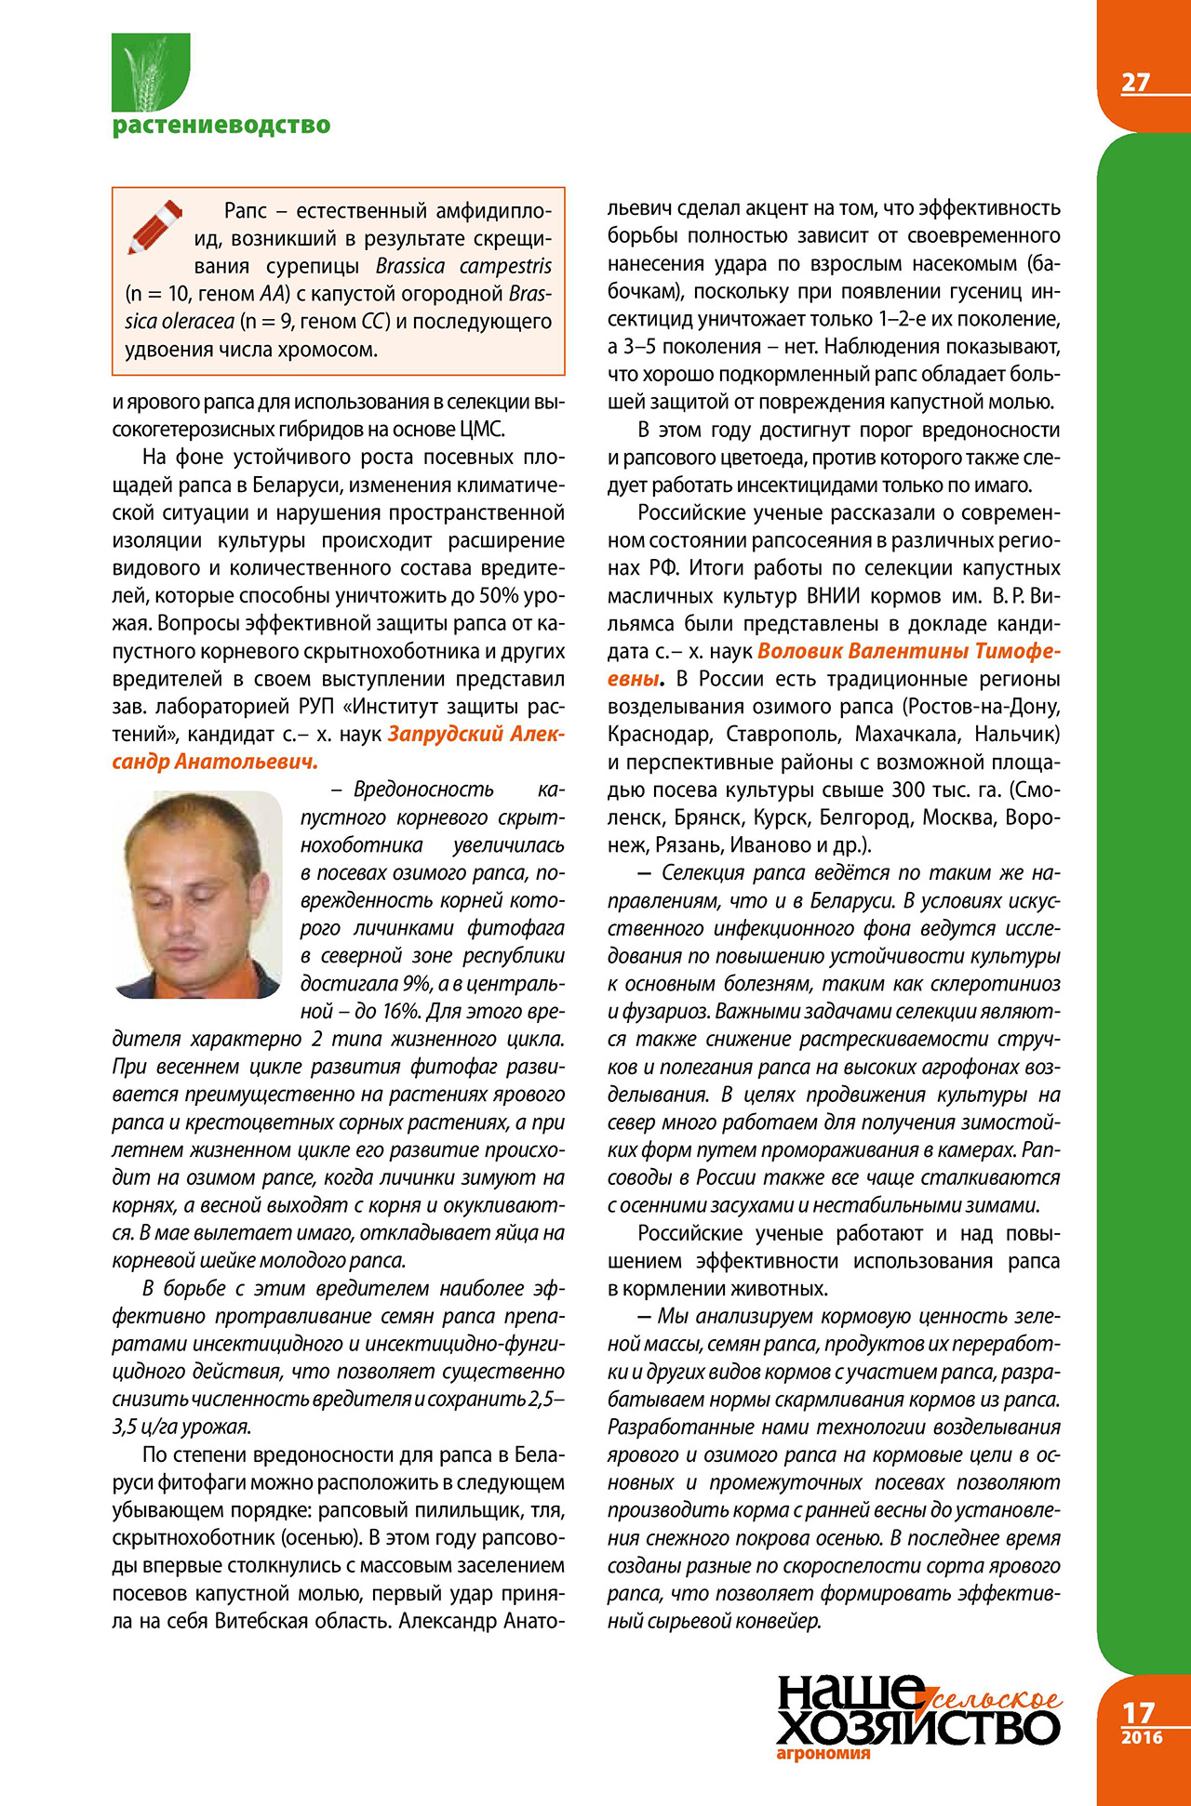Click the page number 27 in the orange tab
[x=1135, y=83]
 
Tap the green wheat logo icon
[x=151, y=72]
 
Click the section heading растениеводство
[x=221, y=125]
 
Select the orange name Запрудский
[x=444, y=734]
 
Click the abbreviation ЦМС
[x=482, y=430]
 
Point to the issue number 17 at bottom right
[x=1138, y=1712]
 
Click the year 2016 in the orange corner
[x=1142, y=1737]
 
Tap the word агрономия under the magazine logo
[x=823, y=1753]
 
